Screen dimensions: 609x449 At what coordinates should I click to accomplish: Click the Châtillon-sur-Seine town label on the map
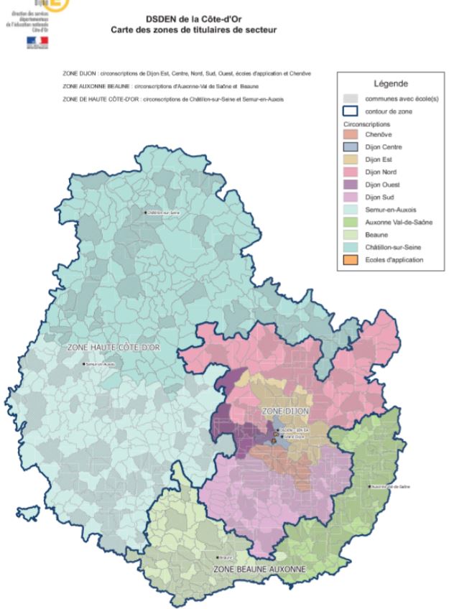point(163,213)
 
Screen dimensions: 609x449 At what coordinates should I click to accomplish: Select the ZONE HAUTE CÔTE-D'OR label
point(116,347)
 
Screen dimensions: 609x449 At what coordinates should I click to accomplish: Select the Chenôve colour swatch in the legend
point(349,135)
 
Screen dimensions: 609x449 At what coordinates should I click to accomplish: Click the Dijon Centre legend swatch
point(349,147)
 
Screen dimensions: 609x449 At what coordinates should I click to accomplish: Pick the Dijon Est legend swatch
point(349,159)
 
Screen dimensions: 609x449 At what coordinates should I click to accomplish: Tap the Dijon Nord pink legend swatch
point(349,172)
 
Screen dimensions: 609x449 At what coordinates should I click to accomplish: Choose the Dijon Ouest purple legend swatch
point(349,185)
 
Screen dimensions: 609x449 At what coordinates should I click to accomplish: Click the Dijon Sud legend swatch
point(349,197)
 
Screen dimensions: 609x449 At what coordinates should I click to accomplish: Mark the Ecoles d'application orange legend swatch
point(349,259)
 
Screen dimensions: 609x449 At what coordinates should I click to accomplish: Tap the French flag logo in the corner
point(36,42)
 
